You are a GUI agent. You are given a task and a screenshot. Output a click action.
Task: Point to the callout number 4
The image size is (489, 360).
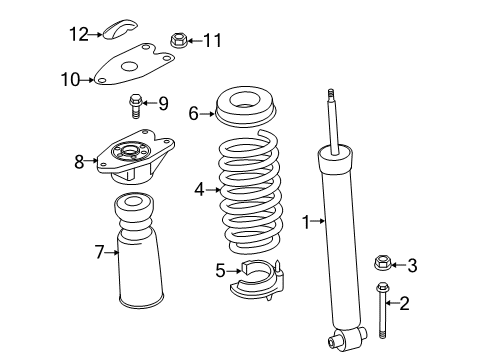pyautogui.click(x=199, y=188)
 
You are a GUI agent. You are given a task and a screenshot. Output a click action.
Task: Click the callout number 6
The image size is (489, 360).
pyautogui.click(x=193, y=114)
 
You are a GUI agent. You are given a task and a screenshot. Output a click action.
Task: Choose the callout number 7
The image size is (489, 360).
pyautogui.click(x=100, y=252)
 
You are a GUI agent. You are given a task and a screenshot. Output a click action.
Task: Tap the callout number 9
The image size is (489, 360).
pyautogui.click(x=164, y=101)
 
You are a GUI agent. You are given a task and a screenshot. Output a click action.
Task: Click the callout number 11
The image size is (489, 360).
pyautogui.click(x=211, y=41)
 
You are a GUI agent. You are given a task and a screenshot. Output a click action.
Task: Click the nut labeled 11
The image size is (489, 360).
pyautogui.click(x=179, y=41)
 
